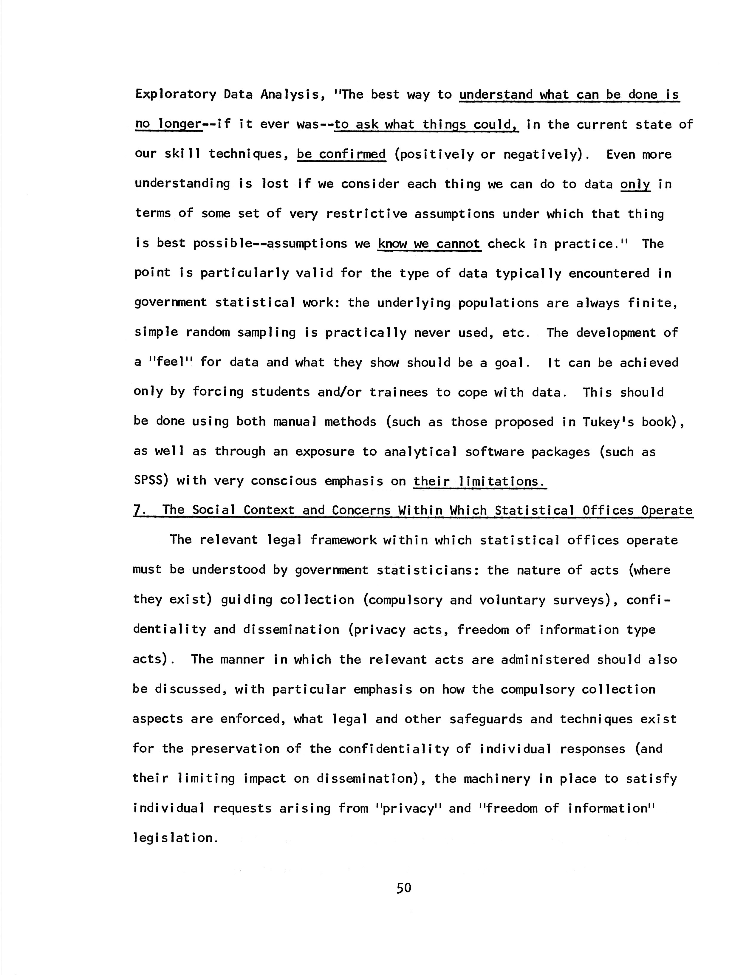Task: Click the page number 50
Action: pos(404,888)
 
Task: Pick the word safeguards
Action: pos(486,719)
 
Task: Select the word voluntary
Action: pos(513,600)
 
